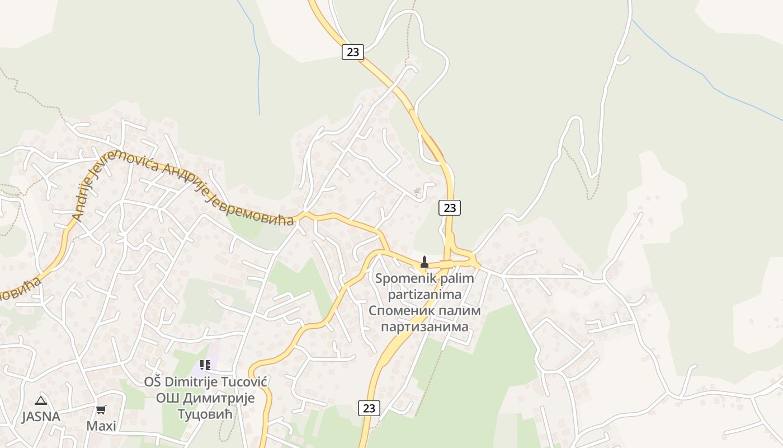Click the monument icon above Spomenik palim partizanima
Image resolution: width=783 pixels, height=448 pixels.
coord(424,261)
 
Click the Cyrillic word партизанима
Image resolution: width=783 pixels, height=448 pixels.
coord(424,326)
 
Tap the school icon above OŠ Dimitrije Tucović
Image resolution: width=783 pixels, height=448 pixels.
coord(205,365)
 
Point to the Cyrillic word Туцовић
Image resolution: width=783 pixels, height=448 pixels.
coord(205,414)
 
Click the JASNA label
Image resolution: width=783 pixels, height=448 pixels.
coord(41,417)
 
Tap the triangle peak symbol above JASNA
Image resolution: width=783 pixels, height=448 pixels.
coord(40,400)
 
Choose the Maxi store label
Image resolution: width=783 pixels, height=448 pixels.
coord(101,426)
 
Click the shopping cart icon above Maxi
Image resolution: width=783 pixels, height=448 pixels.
coord(101,410)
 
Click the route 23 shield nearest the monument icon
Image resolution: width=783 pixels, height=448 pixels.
coord(449,208)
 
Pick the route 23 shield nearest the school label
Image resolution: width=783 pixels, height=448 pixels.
coord(369,408)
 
